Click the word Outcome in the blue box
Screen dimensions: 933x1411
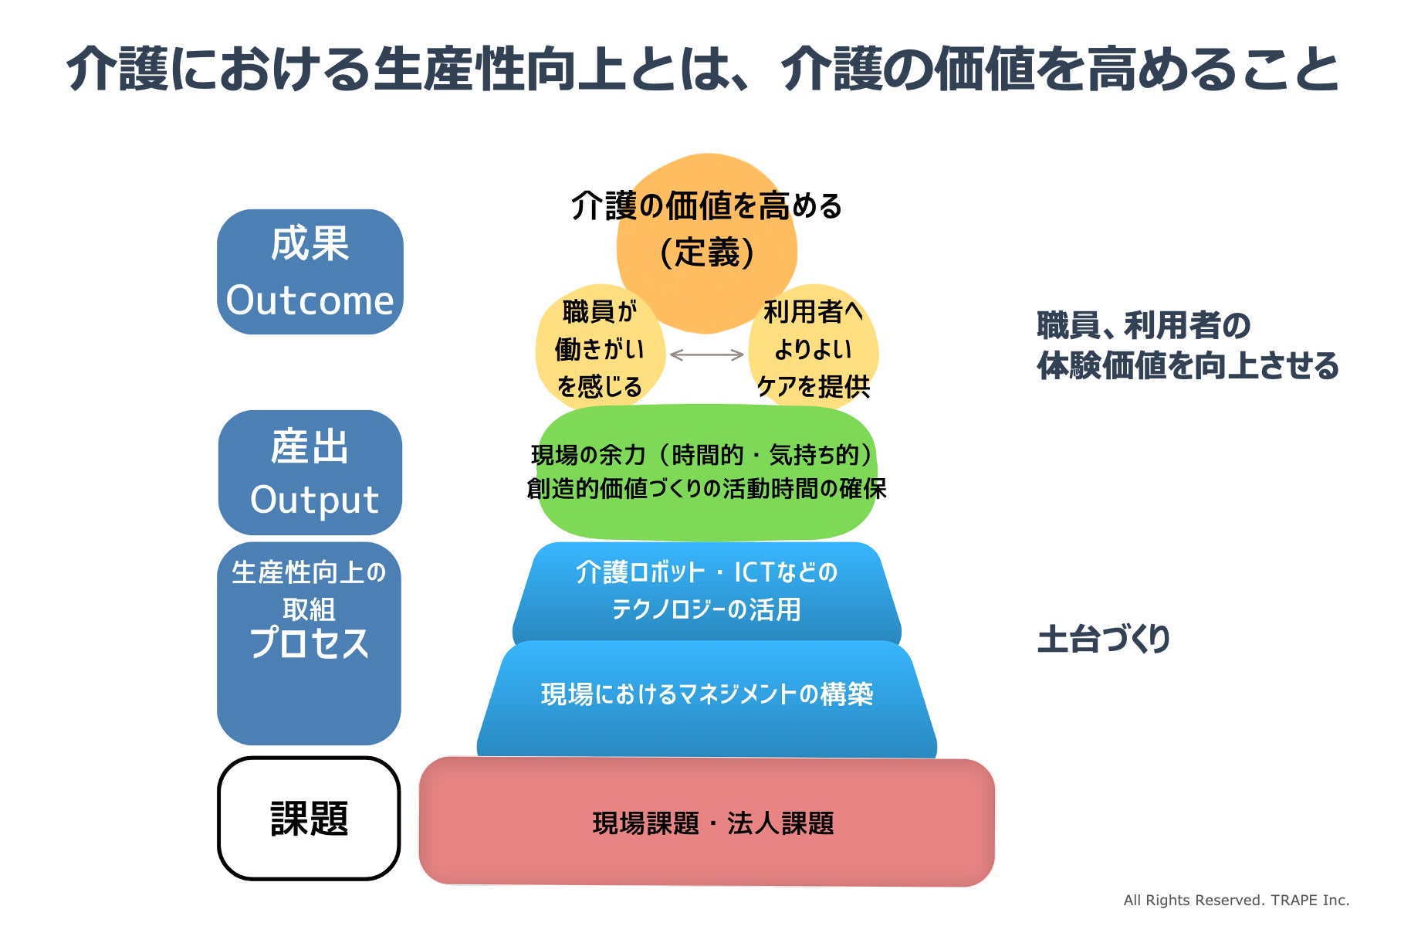click(x=310, y=300)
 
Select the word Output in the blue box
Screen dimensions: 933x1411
click(x=314, y=500)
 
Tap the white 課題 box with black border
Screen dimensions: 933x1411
click(x=309, y=819)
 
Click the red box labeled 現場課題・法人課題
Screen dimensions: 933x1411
click(x=706, y=823)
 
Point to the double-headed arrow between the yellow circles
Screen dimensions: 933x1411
click(x=706, y=355)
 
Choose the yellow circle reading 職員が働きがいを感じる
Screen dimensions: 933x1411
click(x=599, y=349)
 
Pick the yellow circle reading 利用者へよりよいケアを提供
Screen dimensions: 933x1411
click(x=814, y=349)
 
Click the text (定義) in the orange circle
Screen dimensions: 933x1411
click(x=706, y=253)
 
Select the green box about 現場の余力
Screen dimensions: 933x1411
click(x=706, y=471)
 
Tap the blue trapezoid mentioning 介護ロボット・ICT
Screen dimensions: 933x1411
click(x=706, y=591)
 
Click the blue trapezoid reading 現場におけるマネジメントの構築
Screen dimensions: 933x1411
click(x=706, y=694)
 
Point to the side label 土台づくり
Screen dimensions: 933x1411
click(x=1103, y=640)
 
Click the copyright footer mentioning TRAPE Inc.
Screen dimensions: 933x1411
click(x=1236, y=900)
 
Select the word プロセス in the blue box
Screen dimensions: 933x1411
click(x=309, y=643)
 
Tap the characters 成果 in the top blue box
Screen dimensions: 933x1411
click(x=310, y=243)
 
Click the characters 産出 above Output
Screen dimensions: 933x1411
click(x=310, y=447)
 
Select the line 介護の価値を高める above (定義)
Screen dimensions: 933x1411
click(x=706, y=206)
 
